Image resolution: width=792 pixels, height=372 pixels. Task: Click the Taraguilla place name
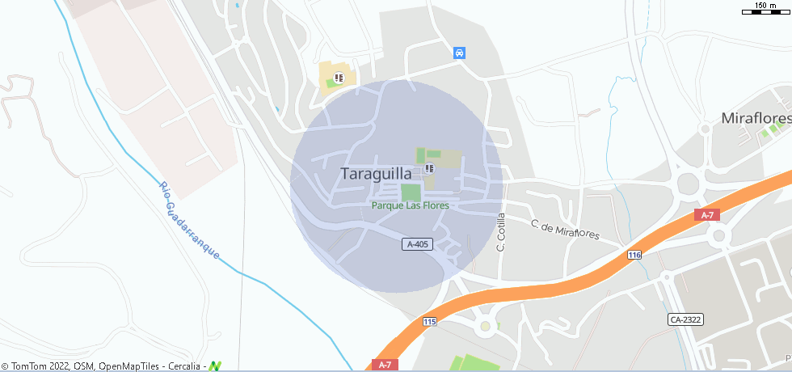click(376, 173)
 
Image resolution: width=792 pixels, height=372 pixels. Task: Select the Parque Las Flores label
click(410, 205)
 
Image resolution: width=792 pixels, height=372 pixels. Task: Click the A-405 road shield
click(417, 243)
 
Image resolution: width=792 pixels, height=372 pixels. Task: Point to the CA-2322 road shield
click(685, 319)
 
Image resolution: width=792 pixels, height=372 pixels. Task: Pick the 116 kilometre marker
click(634, 255)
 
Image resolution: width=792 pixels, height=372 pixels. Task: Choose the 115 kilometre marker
click(429, 322)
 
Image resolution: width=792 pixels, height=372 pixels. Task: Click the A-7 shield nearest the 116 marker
click(707, 214)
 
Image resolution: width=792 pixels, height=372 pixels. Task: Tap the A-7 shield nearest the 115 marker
click(385, 365)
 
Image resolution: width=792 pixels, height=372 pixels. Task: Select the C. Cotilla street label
click(501, 232)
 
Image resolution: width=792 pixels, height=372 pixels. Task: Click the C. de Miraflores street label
click(565, 230)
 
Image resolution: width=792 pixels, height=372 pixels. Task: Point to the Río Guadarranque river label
click(190, 219)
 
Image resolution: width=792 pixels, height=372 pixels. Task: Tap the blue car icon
click(459, 53)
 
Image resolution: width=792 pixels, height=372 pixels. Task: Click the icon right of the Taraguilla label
click(429, 169)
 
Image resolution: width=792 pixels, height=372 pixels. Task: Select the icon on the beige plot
click(339, 78)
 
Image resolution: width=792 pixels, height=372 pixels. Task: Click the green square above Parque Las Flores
click(411, 192)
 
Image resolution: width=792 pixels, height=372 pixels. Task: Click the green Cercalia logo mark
click(215, 366)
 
